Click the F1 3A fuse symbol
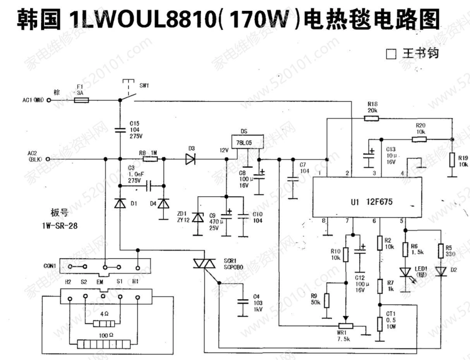tap(82, 100)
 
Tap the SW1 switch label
tap(144, 85)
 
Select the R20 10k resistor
tap(420, 139)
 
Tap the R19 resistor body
tap(452, 161)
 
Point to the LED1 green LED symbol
tap(406, 271)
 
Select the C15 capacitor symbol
tap(120, 130)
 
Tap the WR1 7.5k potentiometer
tap(346, 326)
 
